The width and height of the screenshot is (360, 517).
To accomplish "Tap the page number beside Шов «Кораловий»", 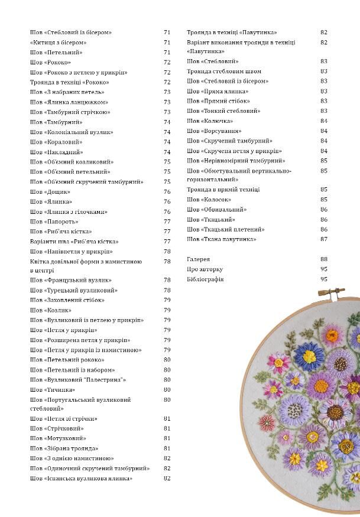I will point(167,142).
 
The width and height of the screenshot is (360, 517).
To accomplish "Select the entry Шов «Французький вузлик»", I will point(71,281).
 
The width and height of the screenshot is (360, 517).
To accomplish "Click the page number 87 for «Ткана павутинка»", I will point(324,239).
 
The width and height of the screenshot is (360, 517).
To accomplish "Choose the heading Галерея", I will point(199,259).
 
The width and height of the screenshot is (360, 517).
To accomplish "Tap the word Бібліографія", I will point(205,279).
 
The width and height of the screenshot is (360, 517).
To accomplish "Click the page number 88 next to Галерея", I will point(324,259).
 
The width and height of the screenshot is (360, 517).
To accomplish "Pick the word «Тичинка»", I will point(60,390).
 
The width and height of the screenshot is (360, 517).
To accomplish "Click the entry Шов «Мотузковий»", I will point(58,438).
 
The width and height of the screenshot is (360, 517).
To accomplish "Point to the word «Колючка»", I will point(218,121).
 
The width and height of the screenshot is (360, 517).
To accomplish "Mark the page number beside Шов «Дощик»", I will point(167,192).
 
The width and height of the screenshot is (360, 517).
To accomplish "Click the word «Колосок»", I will point(217,200).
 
